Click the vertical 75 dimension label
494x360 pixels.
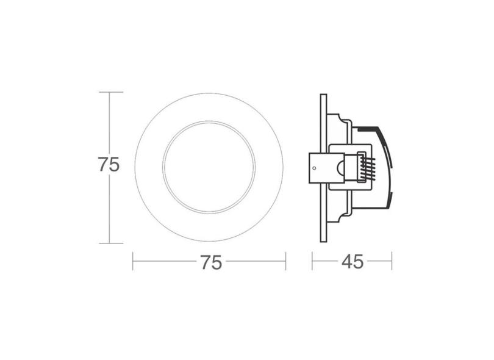(x=108, y=166)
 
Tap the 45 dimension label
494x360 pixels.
(x=353, y=262)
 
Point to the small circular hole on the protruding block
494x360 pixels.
(x=313, y=167)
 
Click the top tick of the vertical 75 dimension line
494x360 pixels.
(x=109, y=92)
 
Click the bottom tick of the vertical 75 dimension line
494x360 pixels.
(x=109, y=243)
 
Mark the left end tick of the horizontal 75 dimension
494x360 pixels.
(x=133, y=262)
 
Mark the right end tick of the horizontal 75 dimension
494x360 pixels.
(x=285, y=262)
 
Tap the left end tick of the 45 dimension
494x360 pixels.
(x=312, y=262)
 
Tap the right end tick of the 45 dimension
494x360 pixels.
(x=392, y=262)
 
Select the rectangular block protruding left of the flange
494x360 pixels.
(x=318, y=167)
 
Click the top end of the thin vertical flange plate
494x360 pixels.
(x=323, y=95)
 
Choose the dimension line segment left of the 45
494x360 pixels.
(x=326, y=262)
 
